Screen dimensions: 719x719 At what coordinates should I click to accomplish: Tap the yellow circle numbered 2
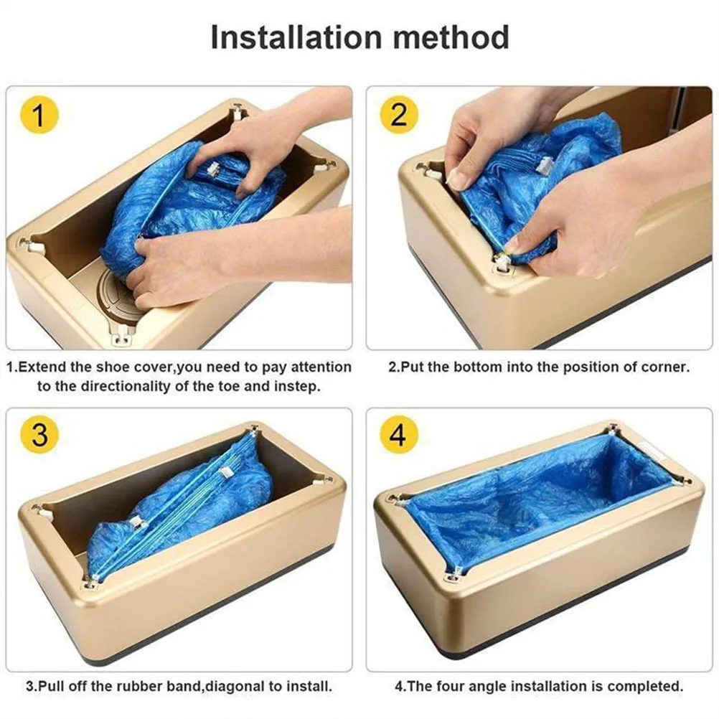click(x=399, y=115)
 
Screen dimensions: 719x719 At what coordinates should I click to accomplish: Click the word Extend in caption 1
click(x=41, y=367)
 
